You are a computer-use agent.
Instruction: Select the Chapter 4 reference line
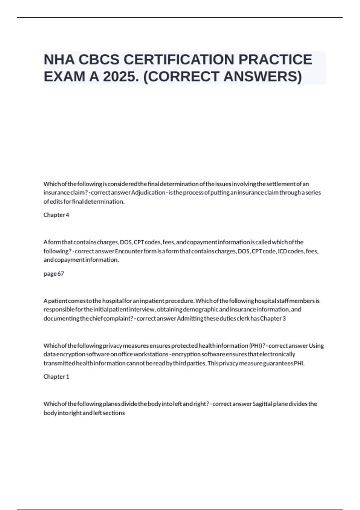tap(56, 215)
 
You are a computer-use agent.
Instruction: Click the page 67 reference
tap(54, 274)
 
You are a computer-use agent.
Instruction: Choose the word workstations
tap(151, 354)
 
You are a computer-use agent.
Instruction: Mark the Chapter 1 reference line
tap(56, 376)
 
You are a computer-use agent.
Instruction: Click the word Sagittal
tap(262, 404)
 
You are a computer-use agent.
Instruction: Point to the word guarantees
tap(278, 363)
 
